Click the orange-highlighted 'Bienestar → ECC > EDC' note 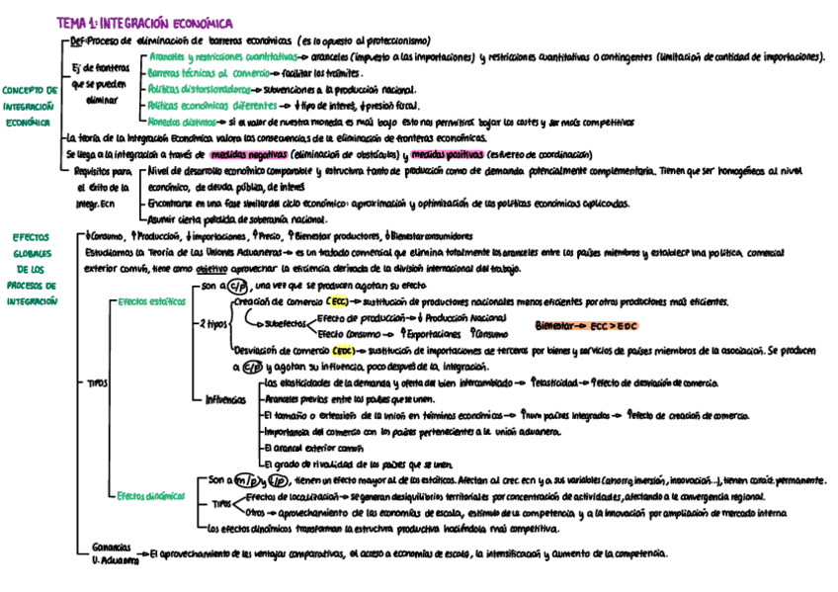[x=587, y=325]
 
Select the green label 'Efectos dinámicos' [x=149, y=495]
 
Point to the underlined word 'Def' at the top [x=77, y=42]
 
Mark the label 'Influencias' [x=227, y=399]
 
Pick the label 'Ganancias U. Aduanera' [x=111, y=551]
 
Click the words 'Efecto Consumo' [x=349, y=334]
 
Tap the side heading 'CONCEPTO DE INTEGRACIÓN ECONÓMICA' [x=31, y=106]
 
